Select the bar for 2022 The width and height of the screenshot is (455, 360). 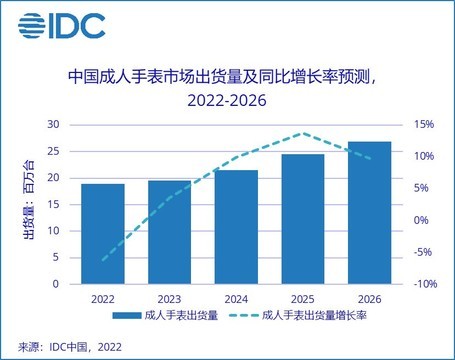(103, 234)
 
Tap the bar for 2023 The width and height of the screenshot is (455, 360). (170, 232)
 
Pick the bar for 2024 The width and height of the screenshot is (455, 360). (236, 227)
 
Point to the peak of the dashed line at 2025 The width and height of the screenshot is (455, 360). (303, 133)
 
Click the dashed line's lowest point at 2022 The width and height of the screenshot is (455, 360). (103, 260)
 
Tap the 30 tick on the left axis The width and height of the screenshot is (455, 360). (55, 125)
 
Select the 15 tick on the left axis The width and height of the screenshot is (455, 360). (55, 204)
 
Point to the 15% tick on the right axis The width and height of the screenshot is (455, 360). (424, 125)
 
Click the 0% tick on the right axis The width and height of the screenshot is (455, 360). (421, 220)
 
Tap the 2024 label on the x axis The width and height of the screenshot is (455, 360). (236, 298)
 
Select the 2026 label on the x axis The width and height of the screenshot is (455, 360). (369, 298)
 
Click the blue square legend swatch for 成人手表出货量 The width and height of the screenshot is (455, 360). (125, 317)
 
